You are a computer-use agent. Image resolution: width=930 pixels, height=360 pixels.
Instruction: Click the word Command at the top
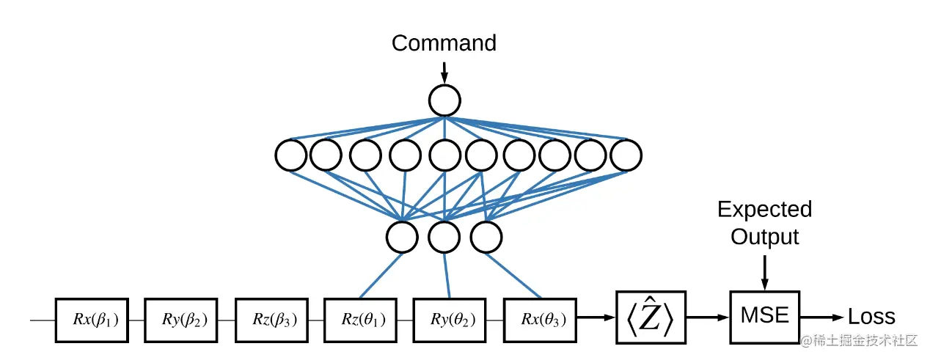(444, 43)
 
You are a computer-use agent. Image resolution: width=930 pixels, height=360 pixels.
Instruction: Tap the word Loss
(871, 317)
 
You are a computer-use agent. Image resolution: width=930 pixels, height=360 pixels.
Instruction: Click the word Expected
(765, 210)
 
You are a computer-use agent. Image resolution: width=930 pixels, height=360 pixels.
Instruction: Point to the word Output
(765, 237)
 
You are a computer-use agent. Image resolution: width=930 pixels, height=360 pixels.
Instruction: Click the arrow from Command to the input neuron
(444, 73)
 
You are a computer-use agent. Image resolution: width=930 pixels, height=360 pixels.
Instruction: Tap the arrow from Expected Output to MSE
(765, 273)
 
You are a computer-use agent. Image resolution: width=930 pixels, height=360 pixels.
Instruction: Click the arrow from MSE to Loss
(822, 317)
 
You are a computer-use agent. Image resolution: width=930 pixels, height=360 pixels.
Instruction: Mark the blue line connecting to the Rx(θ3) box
(513, 276)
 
